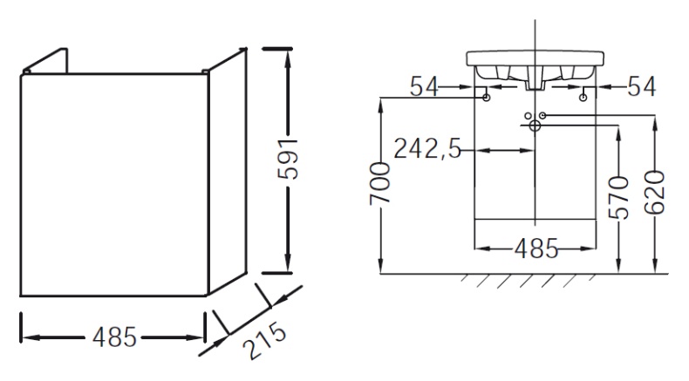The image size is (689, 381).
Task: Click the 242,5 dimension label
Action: (x=428, y=149)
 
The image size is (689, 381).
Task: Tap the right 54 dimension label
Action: (x=642, y=87)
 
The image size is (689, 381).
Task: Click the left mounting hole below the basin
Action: (x=486, y=99)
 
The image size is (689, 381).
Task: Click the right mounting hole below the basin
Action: (x=582, y=99)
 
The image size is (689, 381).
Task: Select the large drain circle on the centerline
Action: (x=534, y=126)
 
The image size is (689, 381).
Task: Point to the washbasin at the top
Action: (x=534, y=65)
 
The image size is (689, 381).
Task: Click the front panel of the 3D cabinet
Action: (x=113, y=183)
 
